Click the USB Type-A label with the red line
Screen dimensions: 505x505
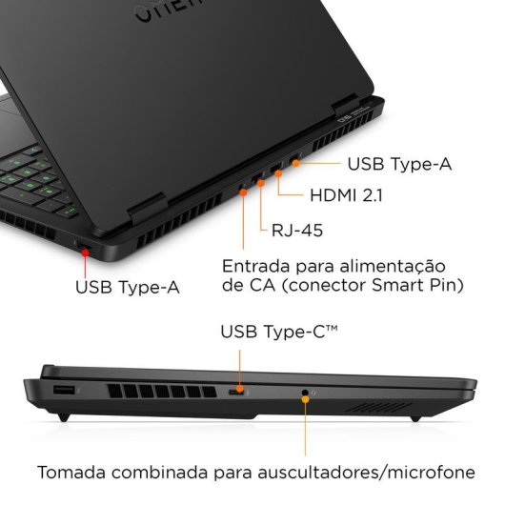[128, 284]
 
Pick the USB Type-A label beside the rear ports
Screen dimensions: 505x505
[399, 164]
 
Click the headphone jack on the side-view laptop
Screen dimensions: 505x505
[305, 392]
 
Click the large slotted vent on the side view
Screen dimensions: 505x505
[160, 393]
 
